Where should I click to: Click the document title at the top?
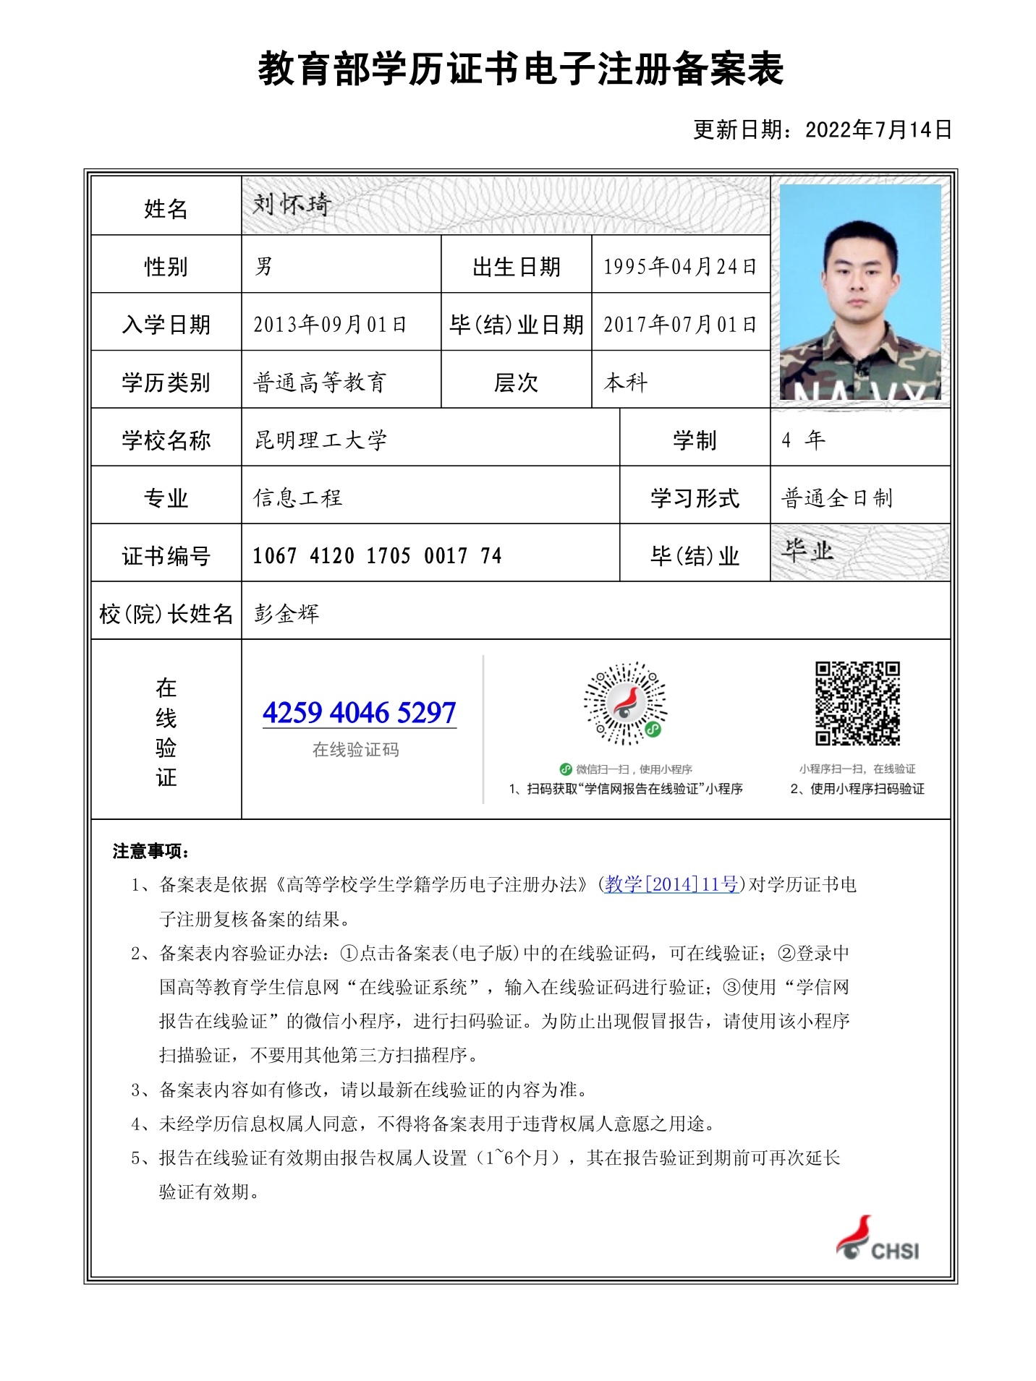point(521,70)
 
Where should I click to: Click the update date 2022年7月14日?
point(878,130)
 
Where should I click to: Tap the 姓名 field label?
point(166,209)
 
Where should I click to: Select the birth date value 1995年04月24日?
point(680,267)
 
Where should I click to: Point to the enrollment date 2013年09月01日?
point(330,325)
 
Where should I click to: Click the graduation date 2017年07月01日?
point(680,325)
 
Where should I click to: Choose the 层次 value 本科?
point(626,382)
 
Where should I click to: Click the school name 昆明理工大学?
point(320,440)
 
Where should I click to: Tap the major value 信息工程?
point(297,498)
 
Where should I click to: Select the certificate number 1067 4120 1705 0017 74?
point(377,556)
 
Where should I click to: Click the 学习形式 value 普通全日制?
point(837,498)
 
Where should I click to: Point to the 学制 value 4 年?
point(803,440)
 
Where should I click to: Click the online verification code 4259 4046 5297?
point(360,713)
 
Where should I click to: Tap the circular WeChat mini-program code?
point(626,703)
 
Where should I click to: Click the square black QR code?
point(857,703)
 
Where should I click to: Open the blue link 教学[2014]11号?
point(671,884)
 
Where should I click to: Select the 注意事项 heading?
point(150,851)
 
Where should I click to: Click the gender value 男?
point(263,267)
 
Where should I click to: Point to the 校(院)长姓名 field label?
point(166,614)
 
